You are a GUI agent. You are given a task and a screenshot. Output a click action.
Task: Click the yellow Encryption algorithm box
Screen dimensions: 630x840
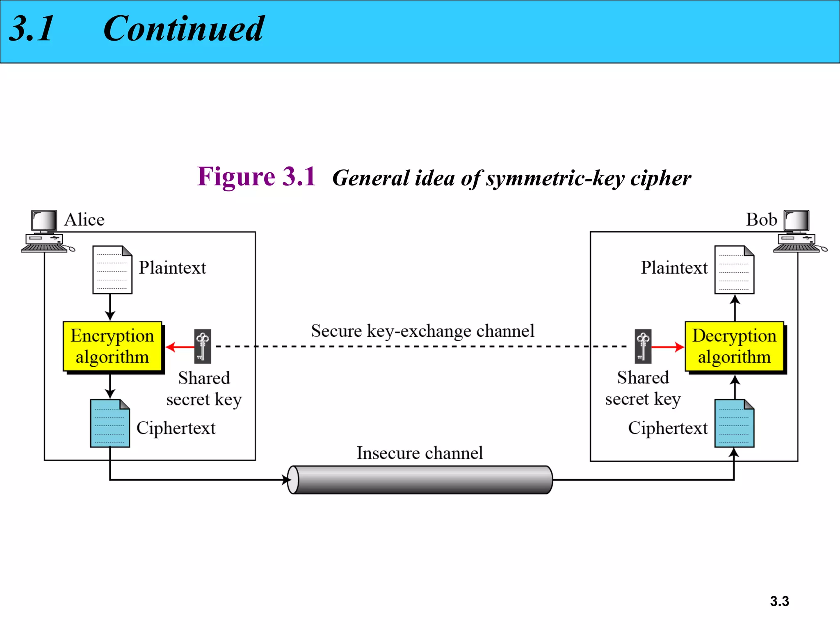[112, 347]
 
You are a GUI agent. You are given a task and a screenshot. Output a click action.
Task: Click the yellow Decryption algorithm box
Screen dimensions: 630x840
[734, 347]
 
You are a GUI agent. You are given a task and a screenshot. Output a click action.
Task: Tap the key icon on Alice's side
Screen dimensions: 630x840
[203, 347]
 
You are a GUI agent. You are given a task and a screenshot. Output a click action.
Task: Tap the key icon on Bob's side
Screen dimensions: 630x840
[643, 347]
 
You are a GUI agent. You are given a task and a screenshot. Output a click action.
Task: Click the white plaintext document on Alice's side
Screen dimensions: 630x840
[112, 269]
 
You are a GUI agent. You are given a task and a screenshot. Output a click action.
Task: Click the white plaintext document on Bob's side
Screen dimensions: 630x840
[734, 269]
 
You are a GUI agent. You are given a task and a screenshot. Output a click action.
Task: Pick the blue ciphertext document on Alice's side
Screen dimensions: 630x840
[110, 423]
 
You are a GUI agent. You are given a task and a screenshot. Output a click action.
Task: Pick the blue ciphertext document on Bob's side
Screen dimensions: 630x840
[734, 423]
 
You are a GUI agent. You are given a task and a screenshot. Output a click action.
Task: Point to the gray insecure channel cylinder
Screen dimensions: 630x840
[420, 479]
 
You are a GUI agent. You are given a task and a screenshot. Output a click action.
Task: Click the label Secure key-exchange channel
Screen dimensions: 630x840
[422, 331]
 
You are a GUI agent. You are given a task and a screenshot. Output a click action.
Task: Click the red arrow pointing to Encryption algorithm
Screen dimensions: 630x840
[180, 347]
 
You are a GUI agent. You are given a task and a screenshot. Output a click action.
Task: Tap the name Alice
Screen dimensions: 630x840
[84, 220]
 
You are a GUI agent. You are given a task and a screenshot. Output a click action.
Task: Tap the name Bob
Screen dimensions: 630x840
[761, 220]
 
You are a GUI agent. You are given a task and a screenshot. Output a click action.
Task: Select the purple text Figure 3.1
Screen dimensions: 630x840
[256, 177]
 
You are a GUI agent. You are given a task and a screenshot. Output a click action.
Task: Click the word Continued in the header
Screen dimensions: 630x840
[183, 29]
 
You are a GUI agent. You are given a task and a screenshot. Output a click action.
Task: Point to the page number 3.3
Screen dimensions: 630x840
[779, 601]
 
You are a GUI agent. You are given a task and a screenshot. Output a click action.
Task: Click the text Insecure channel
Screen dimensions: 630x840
[420, 453]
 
